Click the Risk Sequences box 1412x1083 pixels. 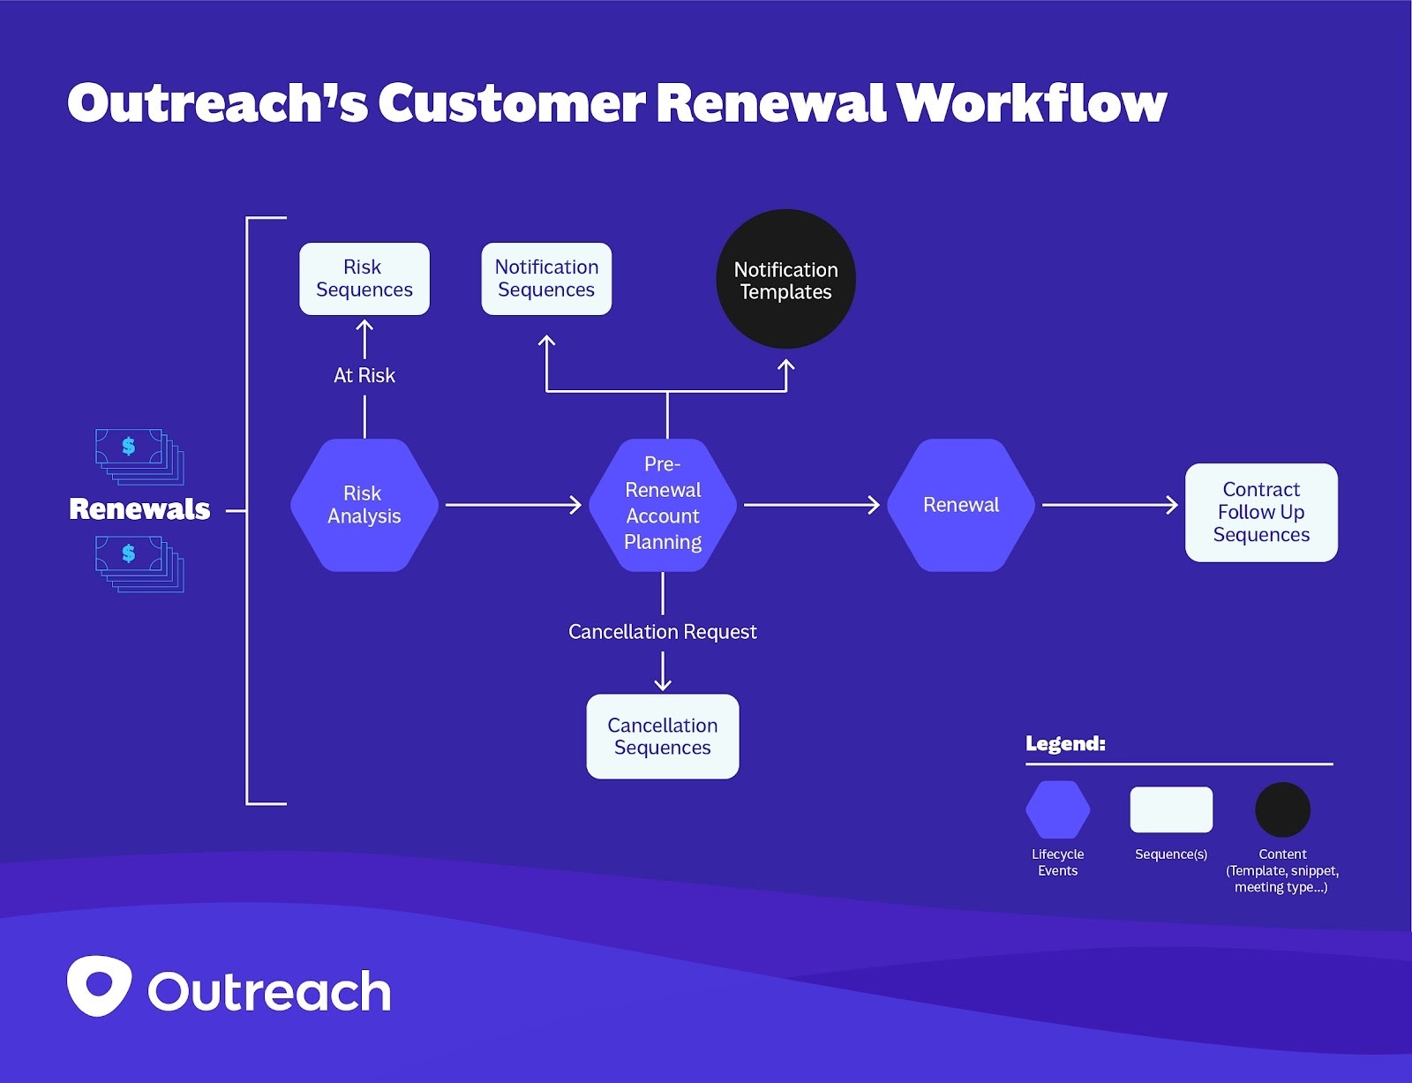tap(364, 279)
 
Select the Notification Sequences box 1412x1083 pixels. tap(546, 279)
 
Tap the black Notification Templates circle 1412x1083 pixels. tap(785, 280)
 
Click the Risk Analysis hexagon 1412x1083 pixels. tap(364, 505)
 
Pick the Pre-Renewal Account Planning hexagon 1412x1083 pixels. tap(663, 504)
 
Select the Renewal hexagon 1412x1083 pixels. tap(960, 505)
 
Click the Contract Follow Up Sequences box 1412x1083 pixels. tap(1261, 512)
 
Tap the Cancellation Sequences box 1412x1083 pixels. tap(662, 736)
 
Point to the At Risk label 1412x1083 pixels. tap(364, 375)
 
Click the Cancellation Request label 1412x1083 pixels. tap(662, 632)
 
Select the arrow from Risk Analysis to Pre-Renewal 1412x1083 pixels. tap(513, 505)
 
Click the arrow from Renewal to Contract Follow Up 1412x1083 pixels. tap(1109, 505)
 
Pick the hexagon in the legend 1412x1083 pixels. tap(1057, 809)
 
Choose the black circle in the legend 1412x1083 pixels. tap(1282, 809)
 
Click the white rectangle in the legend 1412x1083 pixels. tap(1171, 809)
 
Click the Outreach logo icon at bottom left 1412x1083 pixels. tap(99, 985)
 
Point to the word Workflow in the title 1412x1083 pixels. tap(1032, 102)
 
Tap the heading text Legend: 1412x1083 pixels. tap(1065, 743)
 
